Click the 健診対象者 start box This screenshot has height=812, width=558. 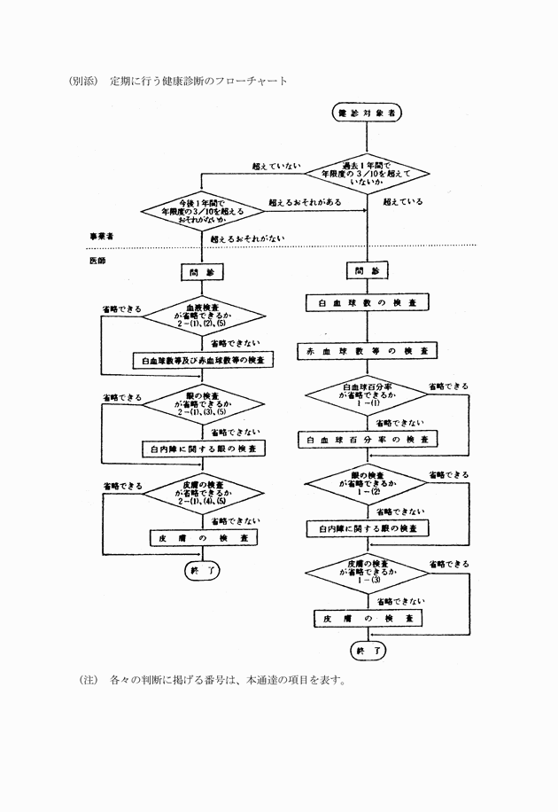tap(367, 113)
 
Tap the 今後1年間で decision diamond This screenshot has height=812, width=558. tap(203, 213)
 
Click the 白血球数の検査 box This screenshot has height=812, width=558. tap(367, 303)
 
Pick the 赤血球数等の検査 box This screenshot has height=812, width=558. tap(367, 351)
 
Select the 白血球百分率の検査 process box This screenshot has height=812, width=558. tap(367, 440)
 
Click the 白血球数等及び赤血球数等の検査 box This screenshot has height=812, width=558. tap(203, 361)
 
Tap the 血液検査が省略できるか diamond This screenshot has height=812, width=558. tap(203, 316)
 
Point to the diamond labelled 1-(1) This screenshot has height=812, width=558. tap(367, 395)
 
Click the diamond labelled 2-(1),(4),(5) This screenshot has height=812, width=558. tap(203, 495)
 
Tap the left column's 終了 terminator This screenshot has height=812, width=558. tap(203, 570)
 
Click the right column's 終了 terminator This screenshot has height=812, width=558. tap(367, 651)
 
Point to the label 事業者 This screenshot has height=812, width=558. tap(101, 236)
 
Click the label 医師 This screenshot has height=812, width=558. tap(97, 262)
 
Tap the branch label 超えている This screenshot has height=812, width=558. tap(403, 201)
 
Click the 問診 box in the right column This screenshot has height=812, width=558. tap(367, 270)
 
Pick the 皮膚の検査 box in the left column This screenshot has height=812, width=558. tap(203, 538)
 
